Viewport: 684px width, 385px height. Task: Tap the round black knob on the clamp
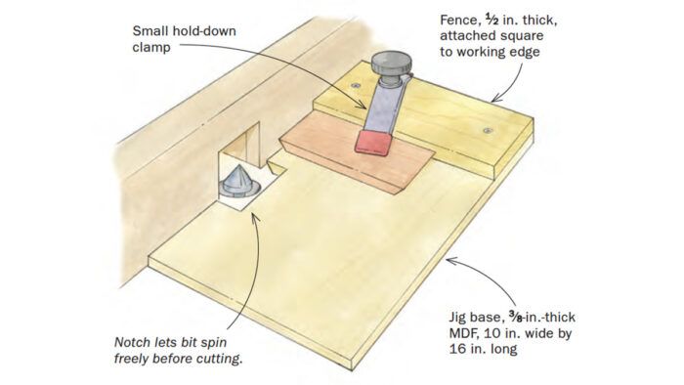tap(391, 63)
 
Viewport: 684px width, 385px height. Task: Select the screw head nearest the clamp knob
tap(357, 85)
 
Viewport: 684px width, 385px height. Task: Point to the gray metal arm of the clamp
tap(383, 106)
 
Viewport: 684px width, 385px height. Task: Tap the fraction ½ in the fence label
tap(492, 20)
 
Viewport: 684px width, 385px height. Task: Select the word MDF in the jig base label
tap(464, 333)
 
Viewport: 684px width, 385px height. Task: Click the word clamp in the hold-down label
tap(151, 47)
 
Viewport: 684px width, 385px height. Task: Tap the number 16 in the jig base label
tap(457, 349)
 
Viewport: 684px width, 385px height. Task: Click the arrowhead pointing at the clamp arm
tap(362, 104)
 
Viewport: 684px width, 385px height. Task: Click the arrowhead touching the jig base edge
tap(451, 261)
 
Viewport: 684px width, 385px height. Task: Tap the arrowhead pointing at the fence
tap(495, 100)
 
